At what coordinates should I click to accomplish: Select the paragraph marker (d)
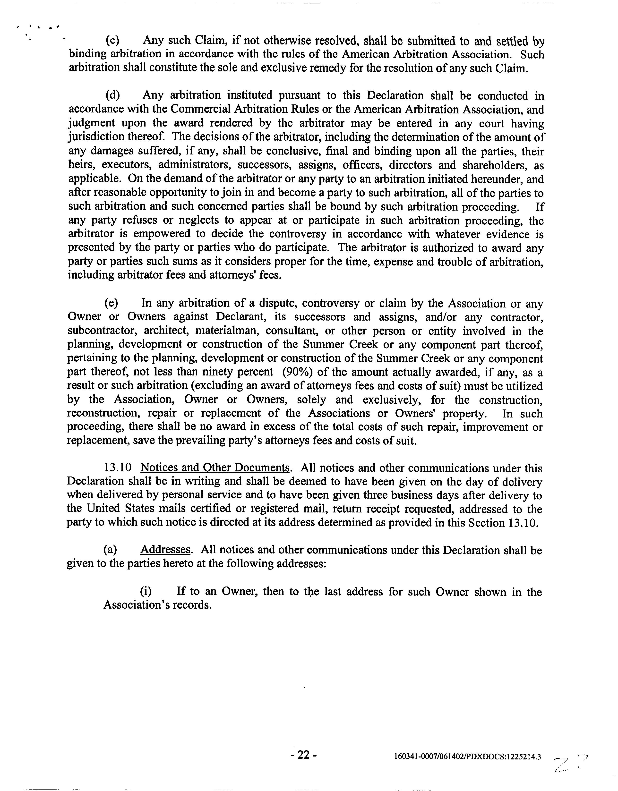112,95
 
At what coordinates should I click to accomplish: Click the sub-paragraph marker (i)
146,591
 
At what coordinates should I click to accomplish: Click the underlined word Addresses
165,550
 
